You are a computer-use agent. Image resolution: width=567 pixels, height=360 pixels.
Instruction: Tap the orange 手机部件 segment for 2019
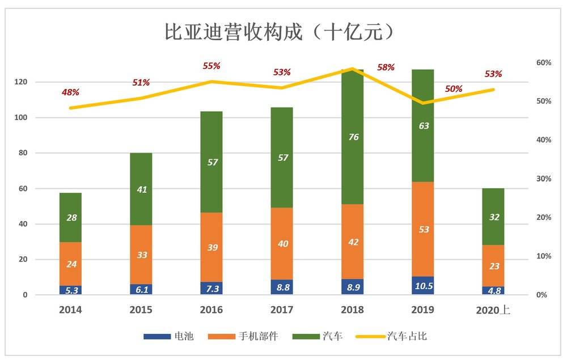pyautogui.click(x=423, y=229)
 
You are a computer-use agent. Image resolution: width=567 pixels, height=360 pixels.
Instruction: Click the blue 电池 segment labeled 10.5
pyautogui.click(x=423, y=286)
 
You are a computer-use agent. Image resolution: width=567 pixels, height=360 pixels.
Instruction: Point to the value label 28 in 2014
pyautogui.click(x=71, y=218)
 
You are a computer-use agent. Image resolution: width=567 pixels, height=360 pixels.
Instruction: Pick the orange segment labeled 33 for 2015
pyautogui.click(x=141, y=255)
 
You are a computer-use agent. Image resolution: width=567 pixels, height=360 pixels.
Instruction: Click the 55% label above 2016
pyautogui.click(x=211, y=66)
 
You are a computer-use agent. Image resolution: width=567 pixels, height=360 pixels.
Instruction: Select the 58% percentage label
pyautogui.click(x=386, y=67)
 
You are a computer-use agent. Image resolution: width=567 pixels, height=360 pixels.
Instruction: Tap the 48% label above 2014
pyautogui.click(x=70, y=92)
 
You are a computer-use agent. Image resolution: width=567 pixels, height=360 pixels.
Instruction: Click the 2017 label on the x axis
pyautogui.click(x=282, y=310)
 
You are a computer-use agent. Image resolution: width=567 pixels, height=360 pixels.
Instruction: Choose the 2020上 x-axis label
pyautogui.click(x=493, y=310)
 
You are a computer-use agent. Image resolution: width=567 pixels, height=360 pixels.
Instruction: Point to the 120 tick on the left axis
pyautogui.click(x=21, y=82)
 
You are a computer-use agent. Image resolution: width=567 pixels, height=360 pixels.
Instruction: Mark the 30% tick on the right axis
pyautogui.click(x=544, y=179)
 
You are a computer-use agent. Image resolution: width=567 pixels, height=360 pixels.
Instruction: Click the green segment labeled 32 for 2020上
pyautogui.click(x=493, y=216)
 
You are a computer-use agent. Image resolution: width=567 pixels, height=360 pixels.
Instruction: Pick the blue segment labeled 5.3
pyautogui.click(x=71, y=290)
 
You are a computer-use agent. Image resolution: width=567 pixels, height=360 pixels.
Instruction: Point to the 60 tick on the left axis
pyautogui.click(x=23, y=189)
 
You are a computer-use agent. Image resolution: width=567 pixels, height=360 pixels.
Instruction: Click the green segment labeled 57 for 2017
pyautogui.click(x=282, y=158)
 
